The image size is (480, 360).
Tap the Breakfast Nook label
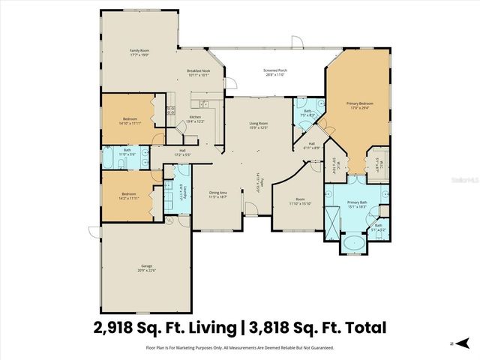[x=199, y=72]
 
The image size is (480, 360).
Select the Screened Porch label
[x=275, y=71]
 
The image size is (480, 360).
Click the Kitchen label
[x=194, y=118]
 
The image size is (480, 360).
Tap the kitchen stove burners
[x=170, y=113]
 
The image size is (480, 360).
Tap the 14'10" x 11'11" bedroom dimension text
[x=132, y=123]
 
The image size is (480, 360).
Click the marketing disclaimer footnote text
[x=240, y=348]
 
